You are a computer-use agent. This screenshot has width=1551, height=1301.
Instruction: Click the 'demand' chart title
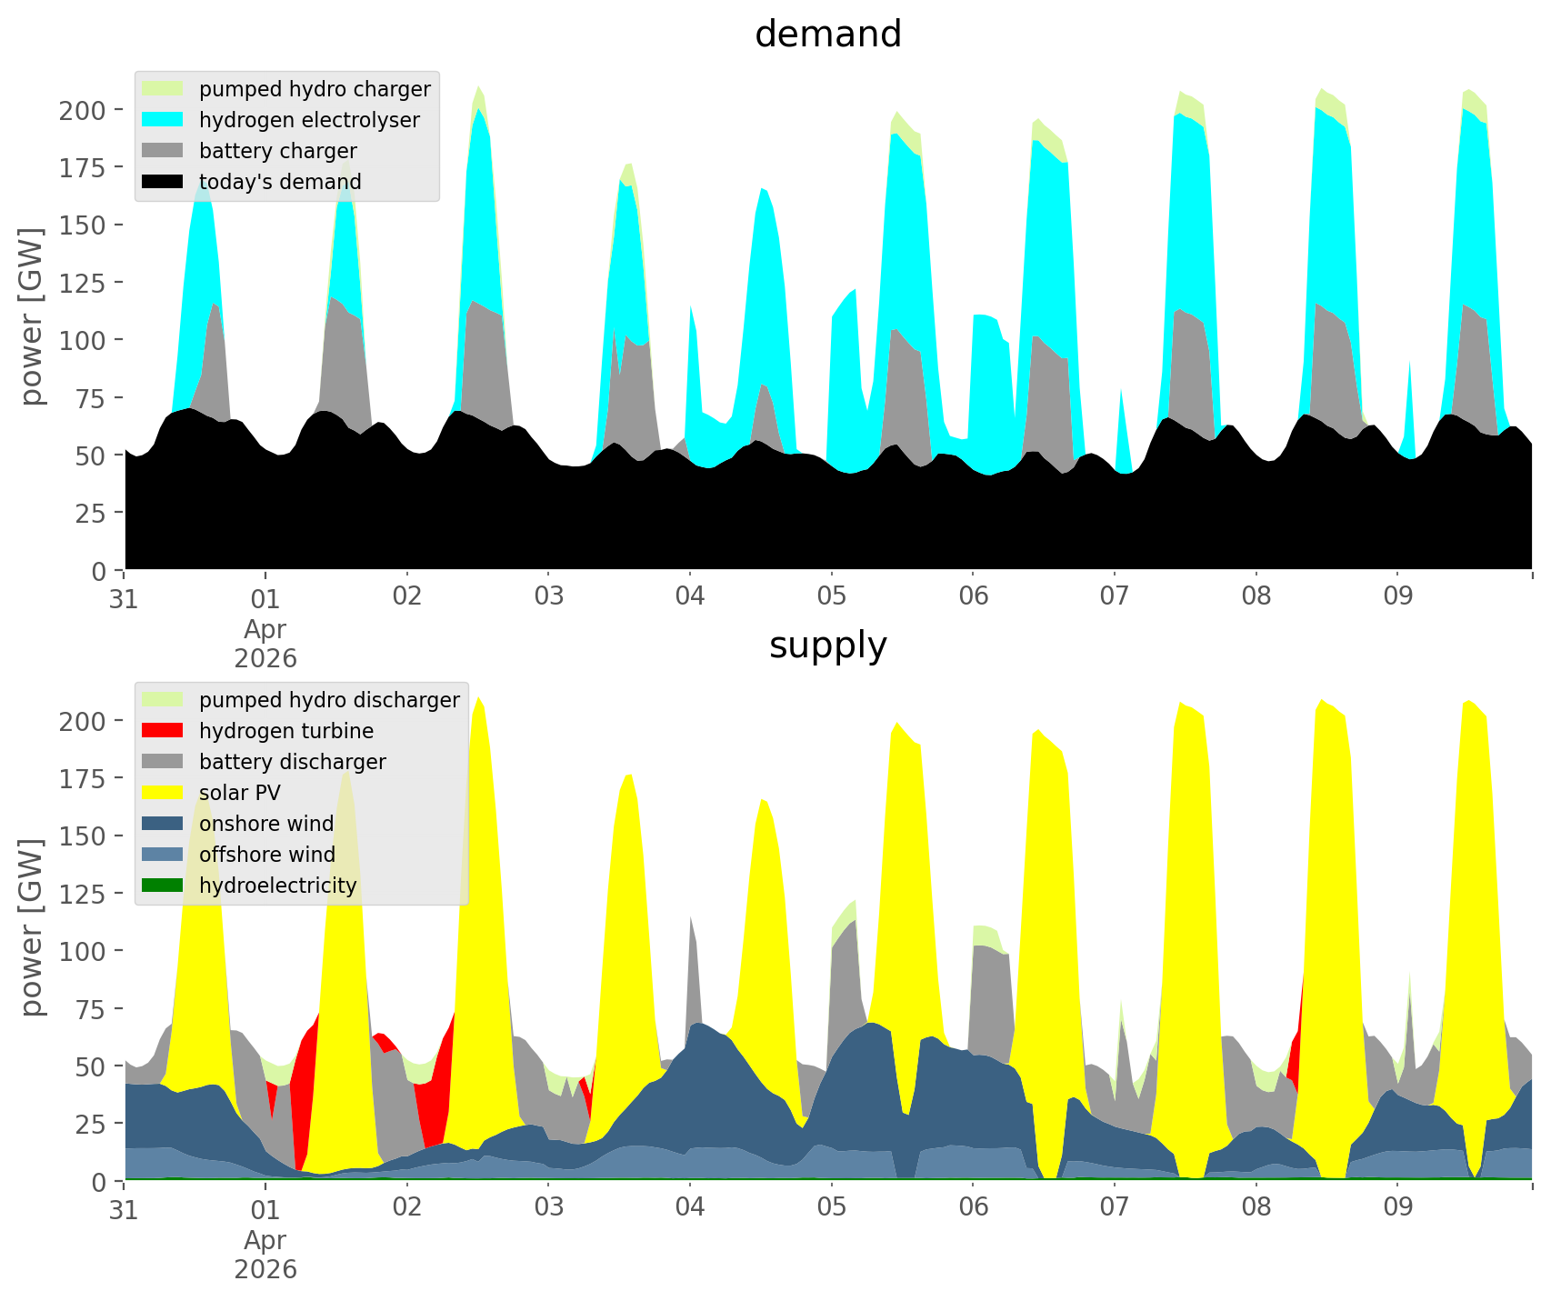(827, 35)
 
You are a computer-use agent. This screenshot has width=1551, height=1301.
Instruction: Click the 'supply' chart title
(827, 645)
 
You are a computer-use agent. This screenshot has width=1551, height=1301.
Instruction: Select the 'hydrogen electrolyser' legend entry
(309, 120)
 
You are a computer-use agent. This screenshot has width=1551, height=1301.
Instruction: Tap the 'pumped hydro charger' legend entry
(315, 89)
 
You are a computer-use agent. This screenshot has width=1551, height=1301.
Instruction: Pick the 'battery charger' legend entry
(277, 151)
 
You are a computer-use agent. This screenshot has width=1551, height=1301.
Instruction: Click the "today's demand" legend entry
(280, 182)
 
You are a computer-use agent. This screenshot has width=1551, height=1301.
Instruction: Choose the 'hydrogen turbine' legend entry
(285, 731)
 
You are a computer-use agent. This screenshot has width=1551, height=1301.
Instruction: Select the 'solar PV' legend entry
(239, 793)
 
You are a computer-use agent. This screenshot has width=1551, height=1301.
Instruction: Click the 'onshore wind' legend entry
(266, 824)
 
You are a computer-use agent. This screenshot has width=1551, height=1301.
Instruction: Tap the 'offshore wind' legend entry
(266, 855)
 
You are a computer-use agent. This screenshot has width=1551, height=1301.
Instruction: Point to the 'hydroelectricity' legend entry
(277, 886)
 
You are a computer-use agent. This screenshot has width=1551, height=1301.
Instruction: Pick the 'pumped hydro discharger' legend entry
(329, 700)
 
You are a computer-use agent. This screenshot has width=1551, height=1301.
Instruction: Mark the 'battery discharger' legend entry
(292, 762)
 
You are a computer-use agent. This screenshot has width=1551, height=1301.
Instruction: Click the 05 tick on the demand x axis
(831, 597)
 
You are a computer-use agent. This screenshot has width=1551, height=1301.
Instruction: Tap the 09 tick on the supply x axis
(1397, 1208)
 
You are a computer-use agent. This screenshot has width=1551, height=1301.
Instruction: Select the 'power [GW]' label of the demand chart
(32, 316)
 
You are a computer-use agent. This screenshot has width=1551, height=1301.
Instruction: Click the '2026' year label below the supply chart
(265, 1269)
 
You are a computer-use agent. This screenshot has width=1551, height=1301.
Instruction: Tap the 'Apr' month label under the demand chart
(265, 629)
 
